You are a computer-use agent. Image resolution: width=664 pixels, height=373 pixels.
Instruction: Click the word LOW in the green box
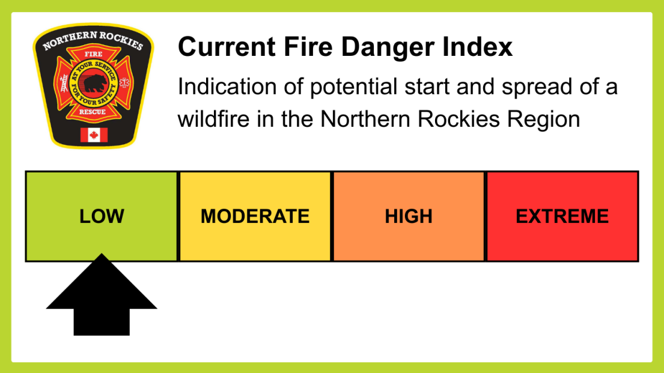pos(102,216)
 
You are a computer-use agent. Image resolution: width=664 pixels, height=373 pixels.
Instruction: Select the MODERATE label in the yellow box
pos(255,216)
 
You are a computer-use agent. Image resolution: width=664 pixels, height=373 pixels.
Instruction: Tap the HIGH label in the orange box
pos(409,216)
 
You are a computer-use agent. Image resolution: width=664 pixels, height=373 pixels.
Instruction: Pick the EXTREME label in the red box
pos(562,216)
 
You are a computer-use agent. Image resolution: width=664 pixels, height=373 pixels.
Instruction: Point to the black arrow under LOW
pos(102,296)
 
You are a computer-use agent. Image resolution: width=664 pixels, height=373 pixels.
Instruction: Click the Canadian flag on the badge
pos(94,135)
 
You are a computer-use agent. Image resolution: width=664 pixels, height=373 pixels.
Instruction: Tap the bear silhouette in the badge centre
pos(94,83)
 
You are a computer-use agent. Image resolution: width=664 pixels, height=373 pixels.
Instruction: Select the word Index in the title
pos(477,46)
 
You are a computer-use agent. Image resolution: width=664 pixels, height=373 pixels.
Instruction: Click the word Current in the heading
pos(227,46)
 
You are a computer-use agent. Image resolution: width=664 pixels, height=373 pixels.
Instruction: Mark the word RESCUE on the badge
pos(93,112)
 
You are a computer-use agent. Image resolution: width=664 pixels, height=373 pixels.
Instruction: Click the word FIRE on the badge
pos(93,54)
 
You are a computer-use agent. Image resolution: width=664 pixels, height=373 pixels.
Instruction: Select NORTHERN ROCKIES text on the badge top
pos(93,40)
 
